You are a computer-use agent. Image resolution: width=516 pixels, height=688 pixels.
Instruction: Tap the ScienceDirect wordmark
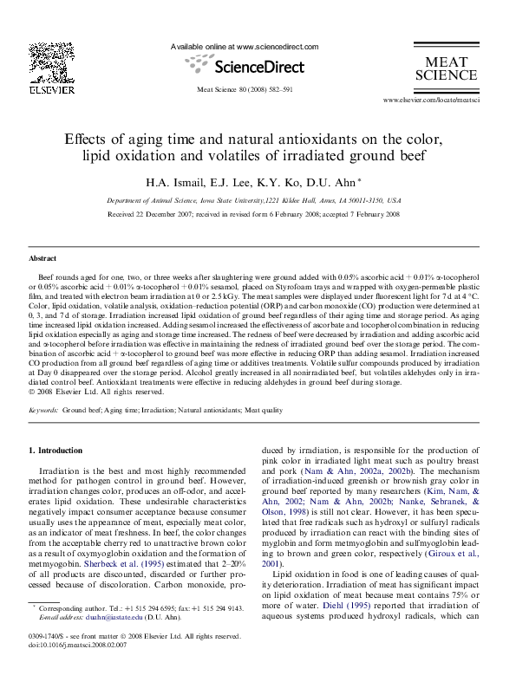(259, 67)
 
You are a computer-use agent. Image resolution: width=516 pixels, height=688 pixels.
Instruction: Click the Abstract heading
(42, 259)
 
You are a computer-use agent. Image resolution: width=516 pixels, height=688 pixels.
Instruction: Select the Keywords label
(43, 408)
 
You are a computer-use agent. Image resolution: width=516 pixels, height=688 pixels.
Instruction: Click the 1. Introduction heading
(56, 451)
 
